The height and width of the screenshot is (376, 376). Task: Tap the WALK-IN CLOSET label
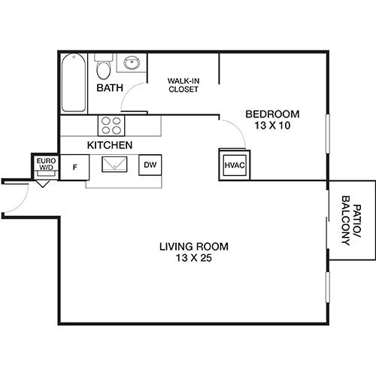pyautogui.click(x=183, y=84)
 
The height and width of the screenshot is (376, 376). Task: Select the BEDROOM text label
pyautogui.click(x=272, y=114)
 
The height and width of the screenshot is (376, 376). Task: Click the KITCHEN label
pyautogui.click(x=110, y=144)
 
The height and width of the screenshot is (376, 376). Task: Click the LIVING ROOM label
pyautogui.click(x=193, y=247)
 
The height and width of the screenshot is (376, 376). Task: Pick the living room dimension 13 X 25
pyautogui.click(x=193, y=259)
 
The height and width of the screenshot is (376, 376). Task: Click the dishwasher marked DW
pyautogui.click(x=150, y=165)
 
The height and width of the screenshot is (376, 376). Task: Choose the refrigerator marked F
pyautogui.click(x=74, y=165)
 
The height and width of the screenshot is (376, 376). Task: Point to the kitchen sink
pyautogui.click(x=114, y=164)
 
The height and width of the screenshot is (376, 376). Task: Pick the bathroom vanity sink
pyautogui.click(x=132, y=64)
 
